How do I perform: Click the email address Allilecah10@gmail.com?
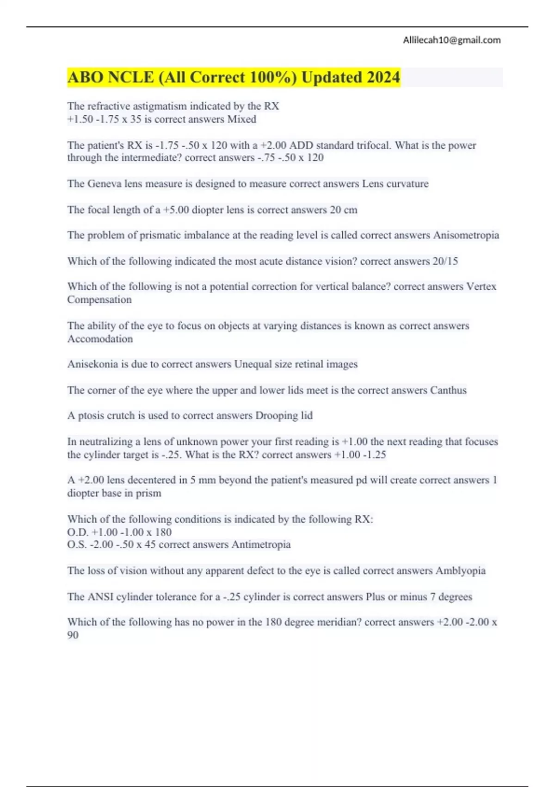tap(451, 40)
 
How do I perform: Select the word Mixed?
tap(241, 119)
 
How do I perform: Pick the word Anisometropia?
tap(466, 235)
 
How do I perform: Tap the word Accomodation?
tap(100, 339)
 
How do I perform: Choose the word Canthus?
tap(448, 390)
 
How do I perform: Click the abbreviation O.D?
tap(78, 532)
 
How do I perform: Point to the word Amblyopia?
tap(460, 571)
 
